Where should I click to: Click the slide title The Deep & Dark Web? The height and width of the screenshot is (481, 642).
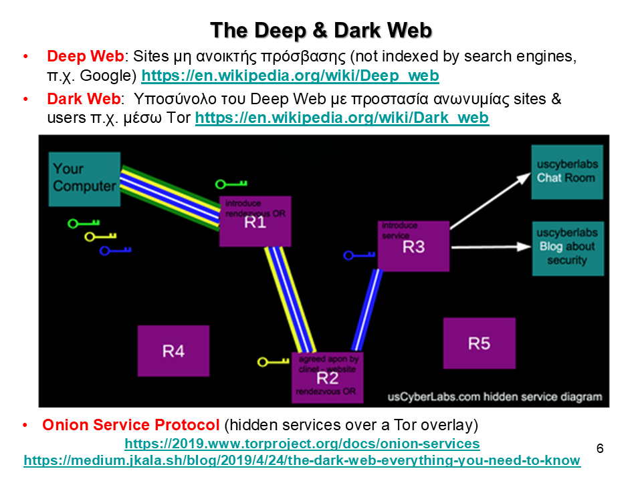coord(321,30)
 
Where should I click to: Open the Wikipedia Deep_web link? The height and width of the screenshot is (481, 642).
coord(290,76)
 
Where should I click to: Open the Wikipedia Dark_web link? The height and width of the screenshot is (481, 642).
coord(342,118)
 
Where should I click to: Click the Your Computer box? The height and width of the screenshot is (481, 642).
coord(84,178)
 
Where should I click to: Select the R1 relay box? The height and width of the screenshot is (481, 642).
coord(255,222)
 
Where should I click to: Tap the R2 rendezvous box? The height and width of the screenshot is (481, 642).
coord(327,377)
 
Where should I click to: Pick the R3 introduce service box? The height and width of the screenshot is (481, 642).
coord(413,246)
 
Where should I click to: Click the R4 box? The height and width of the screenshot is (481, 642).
coord(173,351)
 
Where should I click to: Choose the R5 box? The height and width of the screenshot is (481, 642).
coord(479,343)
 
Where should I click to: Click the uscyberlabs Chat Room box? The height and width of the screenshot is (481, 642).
coord(566,172)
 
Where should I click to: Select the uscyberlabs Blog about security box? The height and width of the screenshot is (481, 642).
coord(567,247)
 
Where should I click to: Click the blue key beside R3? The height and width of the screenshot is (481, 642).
coord(358,255)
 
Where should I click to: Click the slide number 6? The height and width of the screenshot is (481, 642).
coord(600,448)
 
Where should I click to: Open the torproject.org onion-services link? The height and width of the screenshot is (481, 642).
coord(302,444)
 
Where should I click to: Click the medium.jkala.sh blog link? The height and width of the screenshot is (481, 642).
coord(302,460)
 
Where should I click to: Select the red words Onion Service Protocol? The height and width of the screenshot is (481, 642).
coord(130,425)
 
